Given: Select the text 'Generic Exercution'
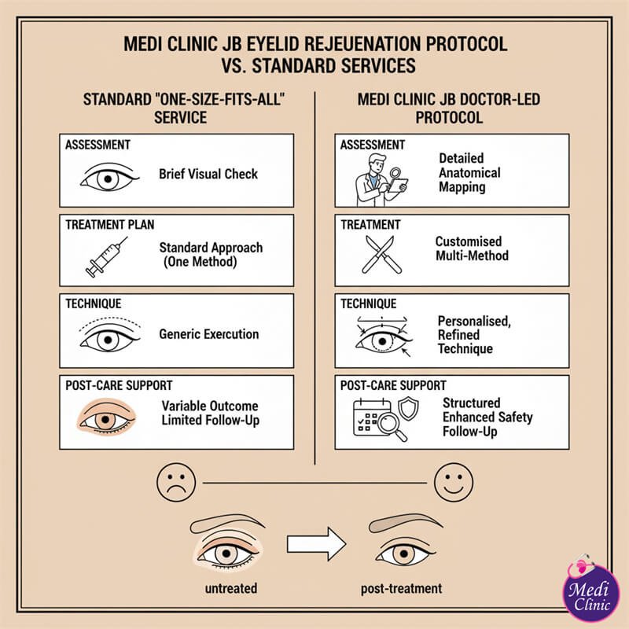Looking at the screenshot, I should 208,333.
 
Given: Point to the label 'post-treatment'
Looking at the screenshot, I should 401,588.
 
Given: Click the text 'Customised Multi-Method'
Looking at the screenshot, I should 472,248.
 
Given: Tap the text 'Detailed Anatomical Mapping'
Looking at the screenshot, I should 469,173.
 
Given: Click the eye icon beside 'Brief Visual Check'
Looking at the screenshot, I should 111,175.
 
